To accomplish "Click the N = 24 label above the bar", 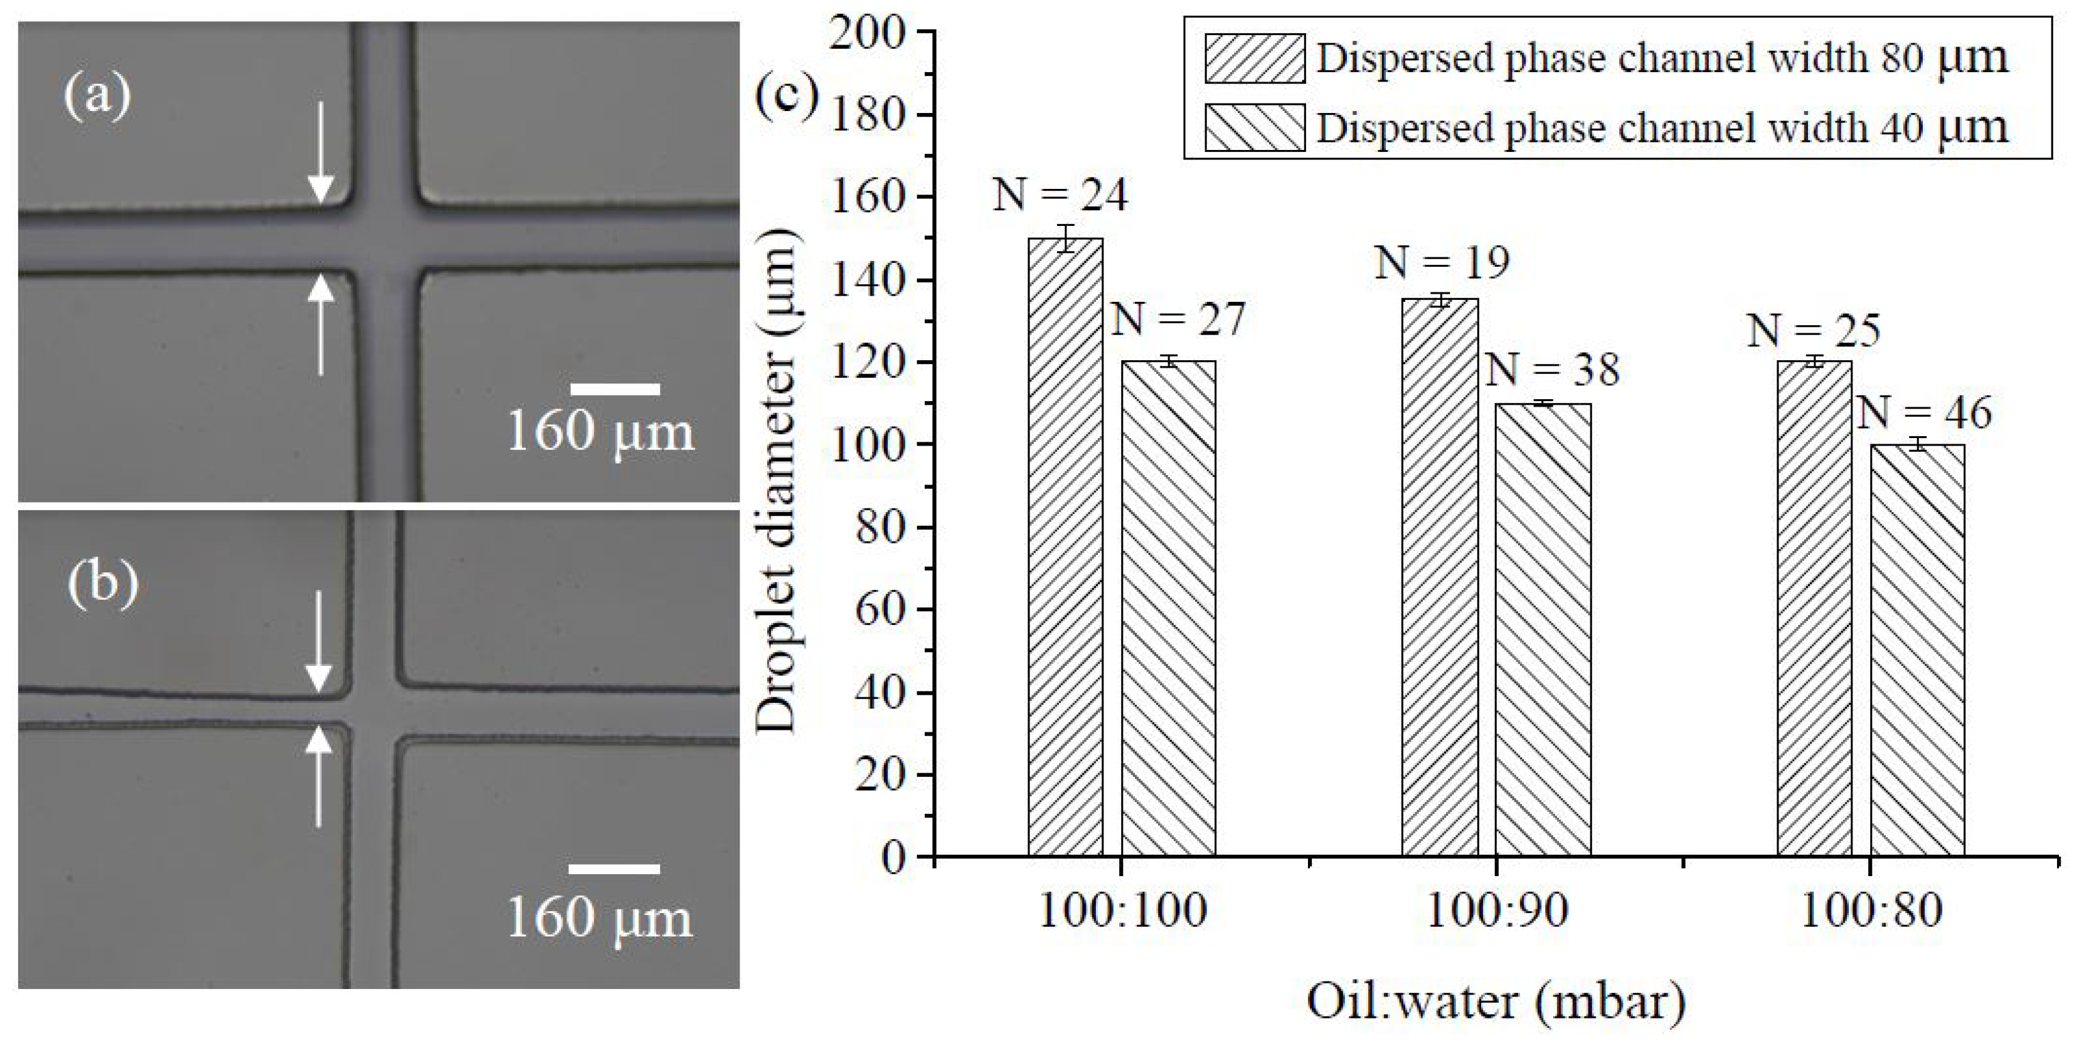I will point(1059,196).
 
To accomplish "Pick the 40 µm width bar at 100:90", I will point(1542,629).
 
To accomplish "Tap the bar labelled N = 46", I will point(1917,650).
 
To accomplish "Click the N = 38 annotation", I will point(1552,370).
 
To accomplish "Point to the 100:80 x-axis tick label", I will point(1871,911).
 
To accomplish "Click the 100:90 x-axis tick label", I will point(1497,911).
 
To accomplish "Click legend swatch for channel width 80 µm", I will point(1254,58).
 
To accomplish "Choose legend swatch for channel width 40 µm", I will point(1254,127).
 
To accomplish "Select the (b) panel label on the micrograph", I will point(102,583).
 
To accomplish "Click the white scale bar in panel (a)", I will point(615,389).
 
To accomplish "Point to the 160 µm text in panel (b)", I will point(600,919).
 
